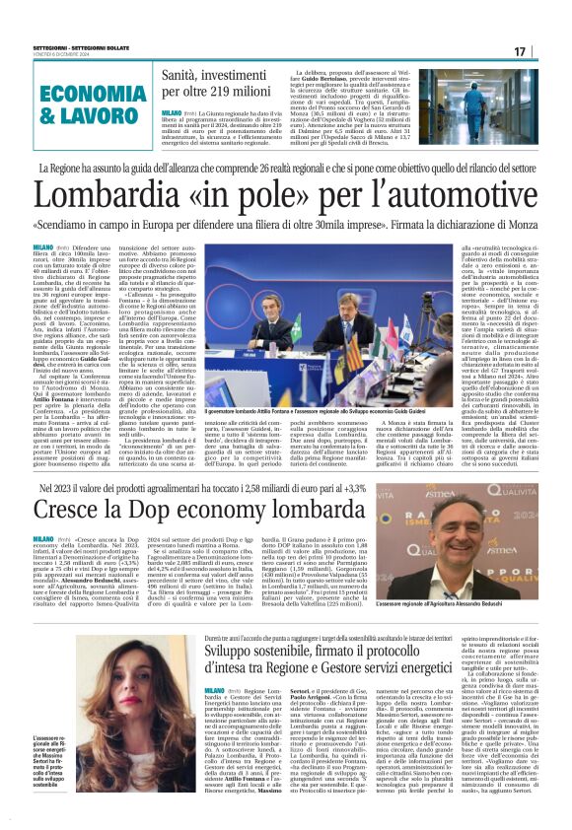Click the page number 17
tap(547, 51)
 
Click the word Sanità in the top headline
tap(183, 74)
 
